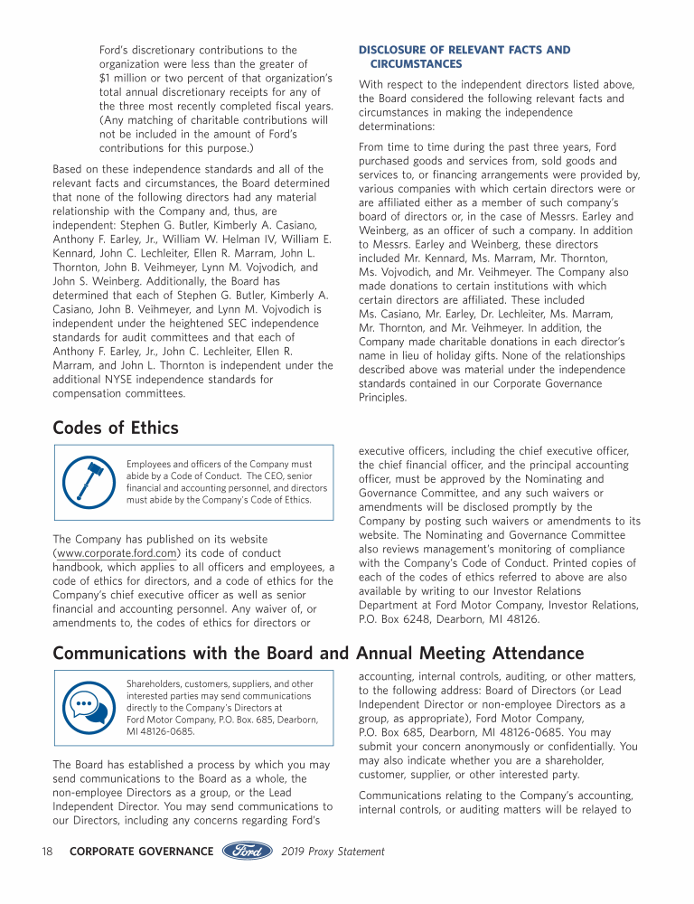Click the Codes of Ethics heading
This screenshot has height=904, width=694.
coord(116,428)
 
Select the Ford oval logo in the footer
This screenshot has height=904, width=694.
coord(247,851)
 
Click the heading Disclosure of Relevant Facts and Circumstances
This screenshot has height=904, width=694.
coord(464,57)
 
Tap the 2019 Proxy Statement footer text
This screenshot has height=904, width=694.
coord(333,852)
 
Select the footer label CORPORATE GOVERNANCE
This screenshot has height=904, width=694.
coord(141,852)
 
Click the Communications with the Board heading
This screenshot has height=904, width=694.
coord(318,653)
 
